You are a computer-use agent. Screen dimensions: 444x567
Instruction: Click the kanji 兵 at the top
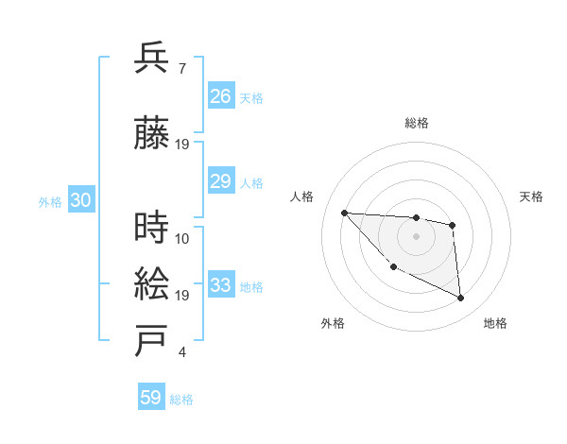[x=151, y=58]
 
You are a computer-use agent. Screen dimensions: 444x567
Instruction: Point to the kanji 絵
[x=151, y=283]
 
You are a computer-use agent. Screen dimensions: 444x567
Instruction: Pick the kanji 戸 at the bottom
[x=151, y=341]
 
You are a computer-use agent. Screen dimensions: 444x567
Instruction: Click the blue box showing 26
[x=220, y=95]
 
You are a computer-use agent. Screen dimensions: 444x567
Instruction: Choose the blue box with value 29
[x=220, y=181]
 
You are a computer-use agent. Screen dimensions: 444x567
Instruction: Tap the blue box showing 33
[x=220, y=285]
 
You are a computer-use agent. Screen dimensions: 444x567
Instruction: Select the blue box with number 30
[x=80, y=200]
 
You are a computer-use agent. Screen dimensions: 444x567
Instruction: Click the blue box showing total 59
[x=150, y=398]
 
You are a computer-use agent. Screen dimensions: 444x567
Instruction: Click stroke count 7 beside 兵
[x=181, y=69]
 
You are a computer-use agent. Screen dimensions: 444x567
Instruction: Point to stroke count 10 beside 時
[x=182, y=238]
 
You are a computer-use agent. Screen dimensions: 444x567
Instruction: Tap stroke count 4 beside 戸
[x=181, y=353]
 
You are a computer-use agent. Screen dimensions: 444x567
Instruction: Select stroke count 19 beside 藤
[x=182, y=144]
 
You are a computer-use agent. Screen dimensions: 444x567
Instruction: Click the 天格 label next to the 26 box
[x=251, y=97]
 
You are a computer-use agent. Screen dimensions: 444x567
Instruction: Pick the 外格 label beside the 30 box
[x=50, y=202]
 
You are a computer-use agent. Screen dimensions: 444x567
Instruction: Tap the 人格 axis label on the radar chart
[x=302, y=196]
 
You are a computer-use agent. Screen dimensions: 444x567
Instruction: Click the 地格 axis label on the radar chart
[x=495, y=323]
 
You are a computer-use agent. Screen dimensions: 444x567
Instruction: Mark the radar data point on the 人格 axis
[x=344, y=213]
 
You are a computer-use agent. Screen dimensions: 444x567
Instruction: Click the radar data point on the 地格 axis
[x=461, y=299]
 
